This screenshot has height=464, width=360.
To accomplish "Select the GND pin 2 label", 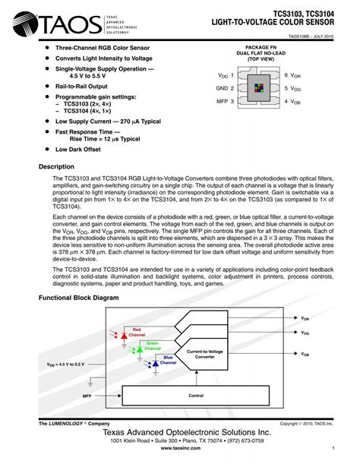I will [x=226, y=89].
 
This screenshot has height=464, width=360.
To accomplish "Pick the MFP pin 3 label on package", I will [x=226, y=101].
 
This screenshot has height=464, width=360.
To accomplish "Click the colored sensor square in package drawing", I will [x=261, y=88].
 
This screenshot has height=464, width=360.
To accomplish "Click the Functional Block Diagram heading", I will [x=79, y=298].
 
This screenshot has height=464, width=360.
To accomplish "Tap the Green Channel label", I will [x=153, y=346].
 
